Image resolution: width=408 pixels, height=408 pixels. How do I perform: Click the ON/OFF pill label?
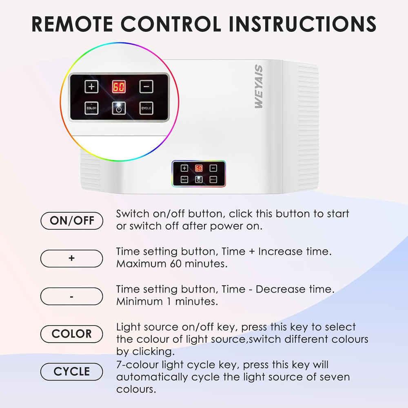[72, 221]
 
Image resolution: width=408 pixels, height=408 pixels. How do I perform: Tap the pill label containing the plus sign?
[72, 258]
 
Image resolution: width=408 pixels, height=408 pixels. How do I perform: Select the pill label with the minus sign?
[72, 296]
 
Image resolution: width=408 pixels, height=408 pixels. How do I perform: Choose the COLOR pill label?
[72, 334]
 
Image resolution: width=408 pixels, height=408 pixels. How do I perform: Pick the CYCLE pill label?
[72, 372]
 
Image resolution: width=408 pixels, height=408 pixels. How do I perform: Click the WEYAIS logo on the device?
[259, 86]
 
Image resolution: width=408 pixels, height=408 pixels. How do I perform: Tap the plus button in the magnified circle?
[91, 86]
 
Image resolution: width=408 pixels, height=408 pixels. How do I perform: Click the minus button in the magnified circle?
[146, 86]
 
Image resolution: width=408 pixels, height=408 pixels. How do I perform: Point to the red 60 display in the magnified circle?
[119, 86]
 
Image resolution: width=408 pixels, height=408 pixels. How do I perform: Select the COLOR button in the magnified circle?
[91, 108]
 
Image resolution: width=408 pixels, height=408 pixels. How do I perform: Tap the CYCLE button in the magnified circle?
[146, 108]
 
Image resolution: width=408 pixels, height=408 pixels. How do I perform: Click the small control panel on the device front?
[199, 173]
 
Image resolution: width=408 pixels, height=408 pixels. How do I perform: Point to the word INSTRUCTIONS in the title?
[302, 24]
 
